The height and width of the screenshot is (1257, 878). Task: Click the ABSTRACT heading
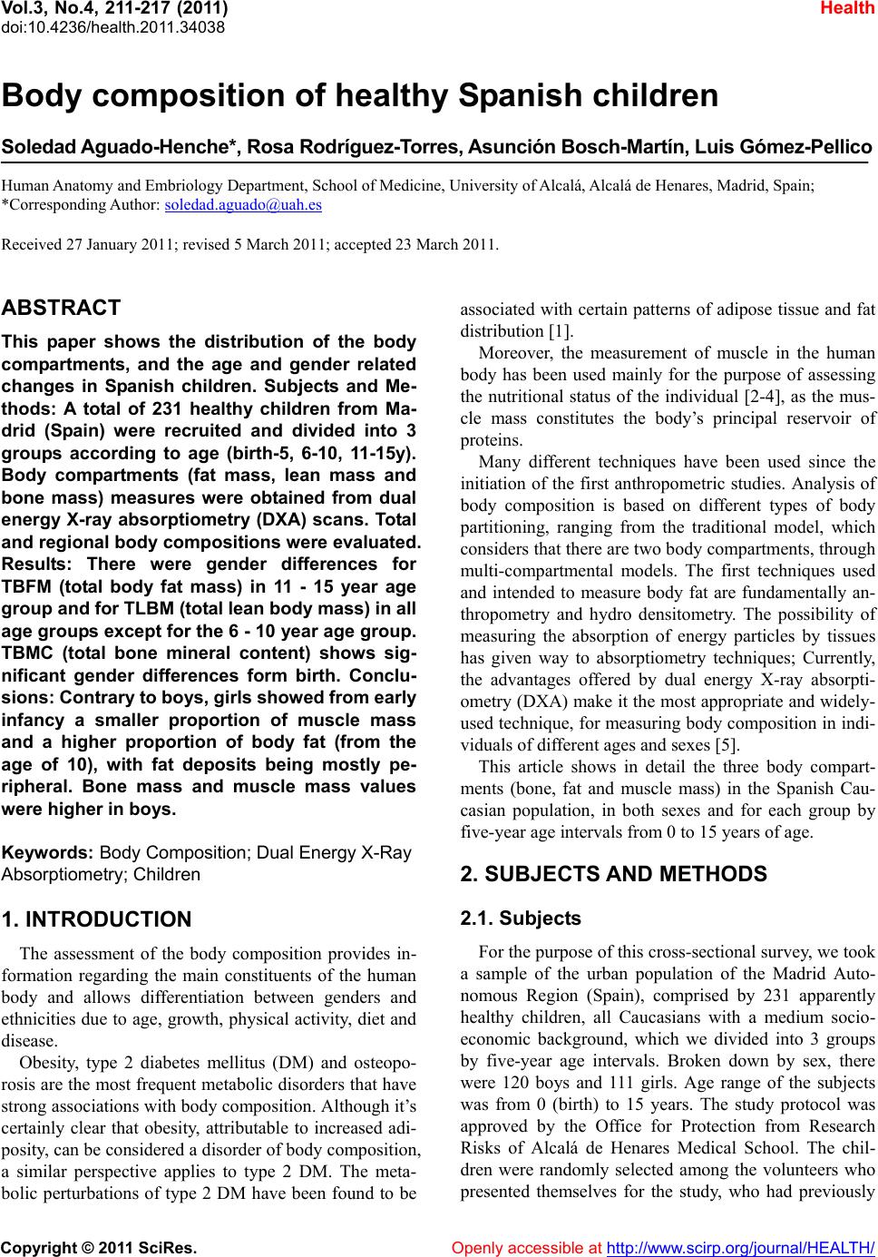tap(62, 308)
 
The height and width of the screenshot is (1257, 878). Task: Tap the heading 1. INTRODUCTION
tap(97, 919)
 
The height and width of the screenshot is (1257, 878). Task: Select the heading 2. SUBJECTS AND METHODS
tap(613, 874)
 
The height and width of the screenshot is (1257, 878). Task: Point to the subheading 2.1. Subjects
tap(521, 918)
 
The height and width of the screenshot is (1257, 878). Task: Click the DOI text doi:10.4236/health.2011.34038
tap(113, 26)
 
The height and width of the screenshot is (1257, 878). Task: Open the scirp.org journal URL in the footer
tap(739, 1248)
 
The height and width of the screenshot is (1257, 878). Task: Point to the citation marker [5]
tap(728, 746)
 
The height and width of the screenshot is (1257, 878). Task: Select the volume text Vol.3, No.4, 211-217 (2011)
tap(114, 9)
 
